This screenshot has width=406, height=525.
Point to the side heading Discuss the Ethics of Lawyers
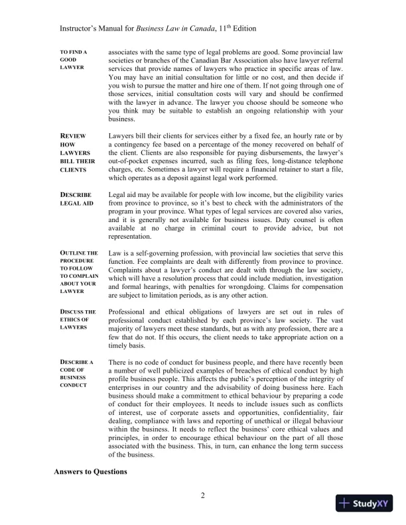click(78, 320)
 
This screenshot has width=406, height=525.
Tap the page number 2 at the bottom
click(203, 496)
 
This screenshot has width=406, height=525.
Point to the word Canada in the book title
click(192, 30)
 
